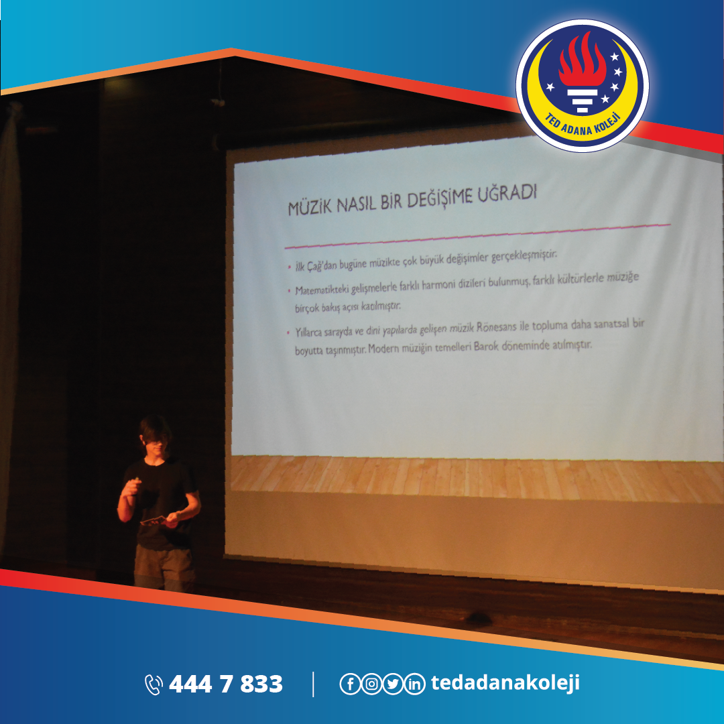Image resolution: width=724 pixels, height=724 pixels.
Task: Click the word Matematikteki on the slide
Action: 322,290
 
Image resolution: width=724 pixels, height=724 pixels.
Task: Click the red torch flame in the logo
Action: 583,60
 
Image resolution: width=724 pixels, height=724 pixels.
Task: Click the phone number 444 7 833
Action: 225,684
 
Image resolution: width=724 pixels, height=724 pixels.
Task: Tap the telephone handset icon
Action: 154,684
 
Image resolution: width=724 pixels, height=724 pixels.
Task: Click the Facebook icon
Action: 350,684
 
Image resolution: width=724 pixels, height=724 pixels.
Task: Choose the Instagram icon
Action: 371,684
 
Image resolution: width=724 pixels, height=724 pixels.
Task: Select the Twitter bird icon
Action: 393,684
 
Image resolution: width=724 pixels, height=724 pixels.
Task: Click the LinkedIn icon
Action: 415,684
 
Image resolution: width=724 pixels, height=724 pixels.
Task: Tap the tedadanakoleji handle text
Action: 505,683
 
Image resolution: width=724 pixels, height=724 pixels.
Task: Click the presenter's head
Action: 155,435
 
